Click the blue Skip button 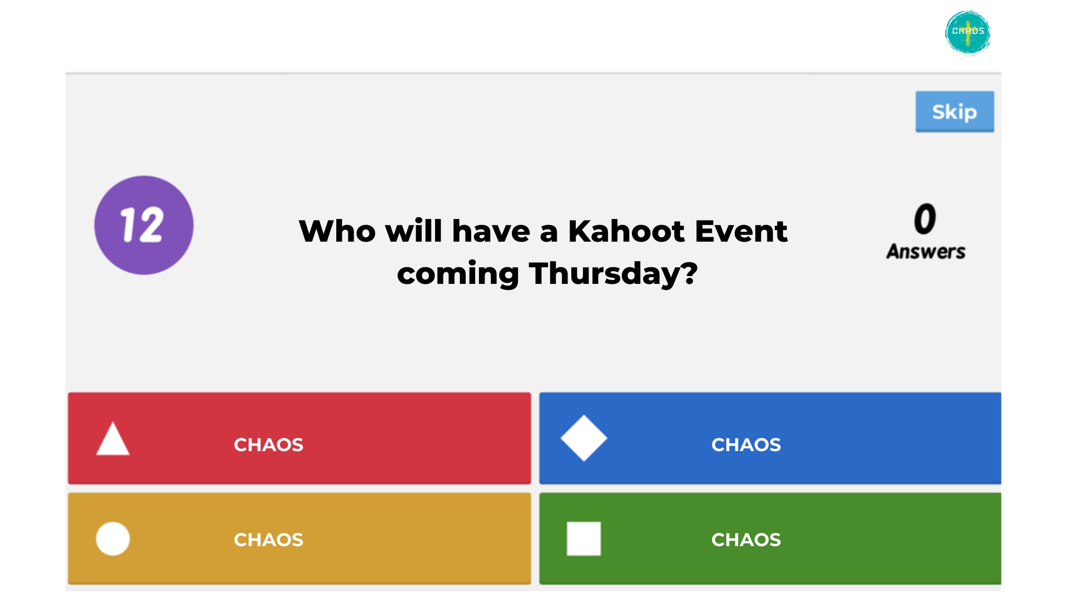tap(955, 112)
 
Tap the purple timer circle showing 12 tap(144, 225)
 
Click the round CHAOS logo tap(968, 33)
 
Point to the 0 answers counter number tap(925, 219)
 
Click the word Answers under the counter tap(926, 252)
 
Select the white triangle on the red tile tap(113, 438)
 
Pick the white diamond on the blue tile tap(584, 438)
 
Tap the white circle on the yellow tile tap(113, 538)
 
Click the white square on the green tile tap(584, 538)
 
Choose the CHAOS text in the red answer tap(268, 444)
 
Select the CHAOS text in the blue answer tap(746, 444)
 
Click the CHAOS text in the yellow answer tap(268, 539)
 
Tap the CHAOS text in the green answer tap(746, 539)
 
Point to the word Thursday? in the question tap(613, 274)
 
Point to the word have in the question tap(491, 231)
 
